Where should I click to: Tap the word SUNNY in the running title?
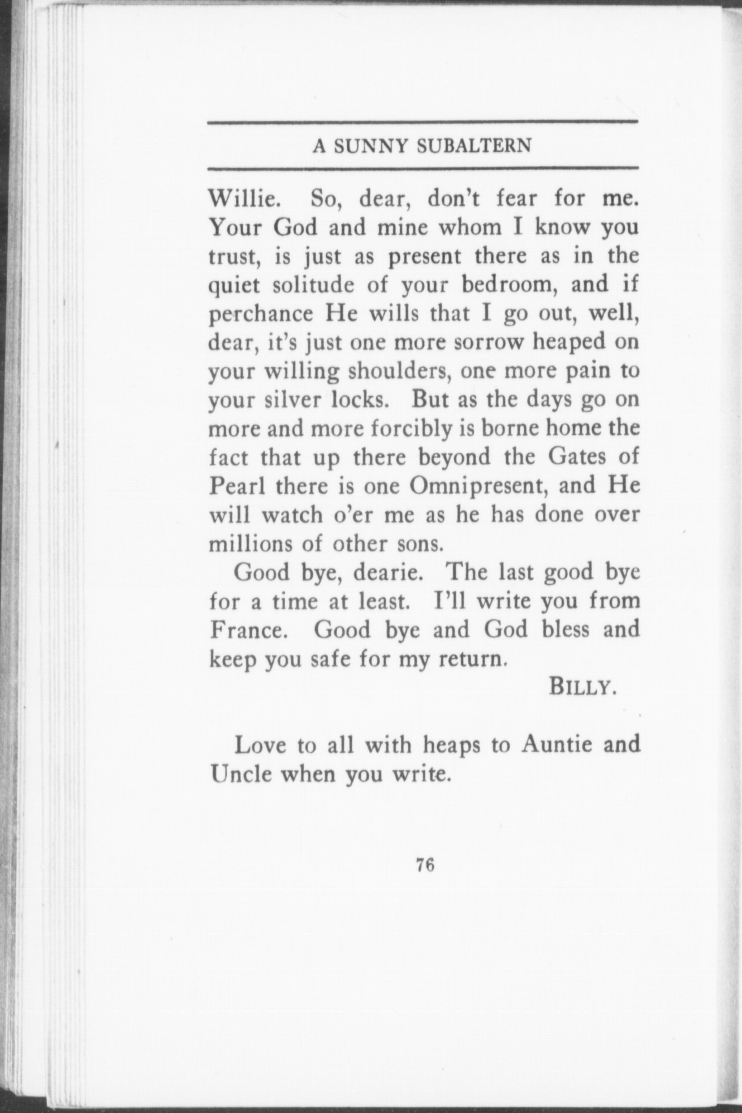(370, 146)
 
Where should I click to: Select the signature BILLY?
(580, 688)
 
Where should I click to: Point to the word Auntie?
(556, 745)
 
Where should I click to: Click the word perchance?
(261, 314)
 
